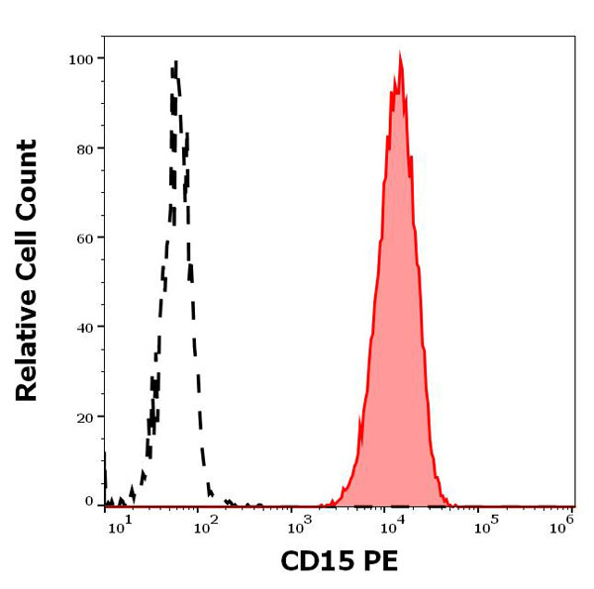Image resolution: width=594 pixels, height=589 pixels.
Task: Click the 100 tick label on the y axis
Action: click(80, 59)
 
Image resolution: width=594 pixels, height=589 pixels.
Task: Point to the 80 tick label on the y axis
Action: click(84, 148)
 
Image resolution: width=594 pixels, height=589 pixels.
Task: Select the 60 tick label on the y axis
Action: click(84, 238)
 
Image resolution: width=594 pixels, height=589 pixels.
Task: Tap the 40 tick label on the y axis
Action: click(84, 327)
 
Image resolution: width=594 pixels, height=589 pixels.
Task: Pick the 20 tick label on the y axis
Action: click(84, 417)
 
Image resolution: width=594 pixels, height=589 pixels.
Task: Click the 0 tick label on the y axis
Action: click(88, 501)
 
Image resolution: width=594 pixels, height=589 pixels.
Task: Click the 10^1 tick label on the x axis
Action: click(118, 526)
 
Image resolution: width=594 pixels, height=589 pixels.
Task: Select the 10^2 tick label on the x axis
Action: click(204, 526)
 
